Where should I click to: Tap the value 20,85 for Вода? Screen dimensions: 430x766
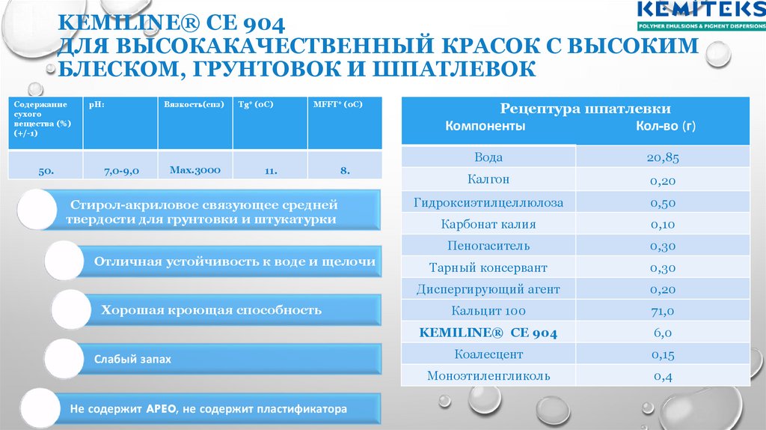(x=663, y=157)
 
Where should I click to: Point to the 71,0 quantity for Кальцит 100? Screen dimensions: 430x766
(x=663, y=311)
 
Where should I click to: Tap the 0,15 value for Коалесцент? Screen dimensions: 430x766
(x=663, y=354)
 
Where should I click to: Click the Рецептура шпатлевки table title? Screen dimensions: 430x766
(x=575, y=109)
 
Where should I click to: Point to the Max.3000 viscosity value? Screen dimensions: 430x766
(x=194, y=170)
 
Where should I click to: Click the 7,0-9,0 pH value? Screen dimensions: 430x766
(x=120, y=171)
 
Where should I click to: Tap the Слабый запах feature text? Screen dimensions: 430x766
(x=132, y=360)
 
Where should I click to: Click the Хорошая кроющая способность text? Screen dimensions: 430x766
(x=212, y=309)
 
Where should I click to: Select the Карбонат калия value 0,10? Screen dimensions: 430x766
(x=663, y=224)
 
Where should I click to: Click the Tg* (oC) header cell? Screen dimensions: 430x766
(x=256, y=105)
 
